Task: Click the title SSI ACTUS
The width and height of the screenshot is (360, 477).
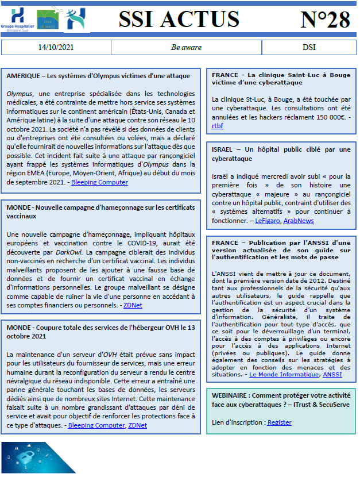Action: click(179, 20)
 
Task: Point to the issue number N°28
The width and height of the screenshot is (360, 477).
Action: click(325, 20)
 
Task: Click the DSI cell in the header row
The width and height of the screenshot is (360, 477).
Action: click(309, 47)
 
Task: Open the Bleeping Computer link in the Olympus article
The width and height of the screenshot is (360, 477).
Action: click(100, 182)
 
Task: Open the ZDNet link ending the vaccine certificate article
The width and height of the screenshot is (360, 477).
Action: click(133, 305)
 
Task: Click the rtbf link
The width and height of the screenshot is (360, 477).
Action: click(218, 125)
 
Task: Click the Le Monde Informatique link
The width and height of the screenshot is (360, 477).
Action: click(284, 374)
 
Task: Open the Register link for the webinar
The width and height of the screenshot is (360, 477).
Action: click(279, 422)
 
